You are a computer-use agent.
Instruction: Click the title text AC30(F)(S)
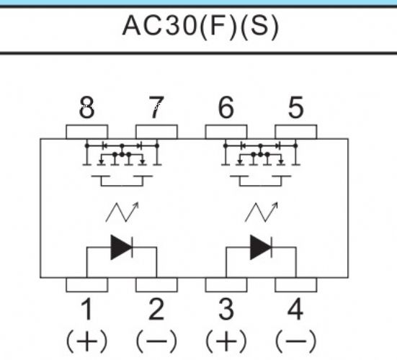pos(200,27)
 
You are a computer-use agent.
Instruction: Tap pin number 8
pos(87,107)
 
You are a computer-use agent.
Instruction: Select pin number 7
pos(156,107)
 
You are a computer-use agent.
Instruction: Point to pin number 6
pos(226,107)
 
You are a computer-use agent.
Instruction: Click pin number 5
pos(295,107)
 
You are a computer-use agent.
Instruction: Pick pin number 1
pos(87,309)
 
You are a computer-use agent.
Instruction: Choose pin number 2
pos(156,309)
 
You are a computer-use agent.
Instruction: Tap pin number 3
pos(226,309)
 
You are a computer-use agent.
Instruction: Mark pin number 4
pos(295,309)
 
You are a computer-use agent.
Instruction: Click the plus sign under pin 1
pos(87,341)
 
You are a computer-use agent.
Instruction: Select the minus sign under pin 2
pos(156,341)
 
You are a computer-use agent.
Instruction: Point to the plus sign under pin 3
pos(226,341)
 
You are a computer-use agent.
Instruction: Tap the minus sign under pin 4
pos(295,341)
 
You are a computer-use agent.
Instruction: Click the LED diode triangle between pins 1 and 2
pos(121,247)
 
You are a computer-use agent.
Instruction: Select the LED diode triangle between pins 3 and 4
pos(261,247)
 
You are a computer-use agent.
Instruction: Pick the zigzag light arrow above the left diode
pos(122,212)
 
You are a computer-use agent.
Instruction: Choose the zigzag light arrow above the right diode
pos(262,212)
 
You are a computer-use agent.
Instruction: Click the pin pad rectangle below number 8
pos(87,132)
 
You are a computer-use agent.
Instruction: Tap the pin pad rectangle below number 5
pos(295,132)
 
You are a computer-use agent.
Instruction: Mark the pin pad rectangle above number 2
pos(156,285)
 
